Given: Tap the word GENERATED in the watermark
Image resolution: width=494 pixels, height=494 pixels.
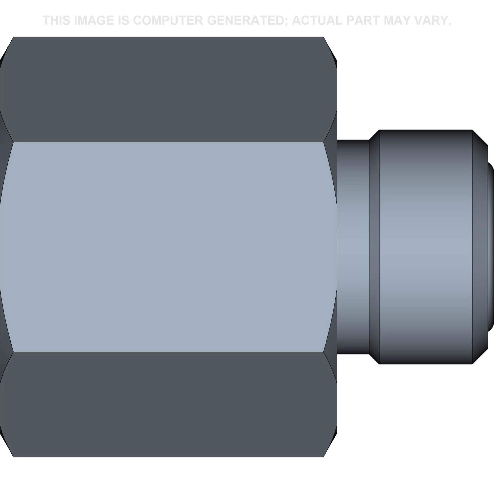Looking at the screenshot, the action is (247, 21).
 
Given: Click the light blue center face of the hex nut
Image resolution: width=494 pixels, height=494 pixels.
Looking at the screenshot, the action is (168, 247).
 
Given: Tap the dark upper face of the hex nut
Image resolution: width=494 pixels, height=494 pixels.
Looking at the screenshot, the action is (168, 89).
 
